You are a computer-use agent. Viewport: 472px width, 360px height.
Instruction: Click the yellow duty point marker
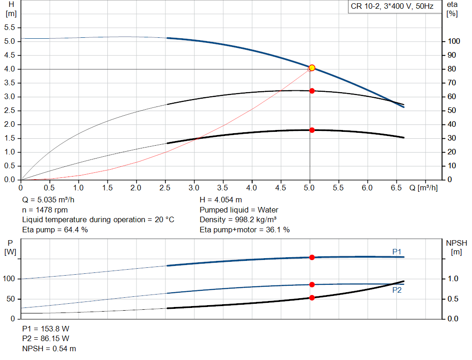(x=312, y=68)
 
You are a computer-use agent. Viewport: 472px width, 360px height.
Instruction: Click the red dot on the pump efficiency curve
(x=312, y=91)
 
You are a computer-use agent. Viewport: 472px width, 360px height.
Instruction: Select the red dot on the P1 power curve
(x=312, y=257)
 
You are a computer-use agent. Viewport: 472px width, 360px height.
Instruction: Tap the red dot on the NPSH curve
(x=312, y=298)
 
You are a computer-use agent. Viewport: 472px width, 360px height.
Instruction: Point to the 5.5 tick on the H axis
(x=10, y=28)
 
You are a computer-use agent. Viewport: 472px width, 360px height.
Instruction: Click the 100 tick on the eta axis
(x=454, y=41)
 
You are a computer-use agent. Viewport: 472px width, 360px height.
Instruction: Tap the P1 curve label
(x=397, y=251)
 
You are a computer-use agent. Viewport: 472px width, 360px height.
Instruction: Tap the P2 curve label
(x=397, y=290)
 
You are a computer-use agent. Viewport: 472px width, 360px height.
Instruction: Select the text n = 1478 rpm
(x=45, y=210)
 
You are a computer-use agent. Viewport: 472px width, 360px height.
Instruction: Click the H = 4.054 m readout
(x=221, y=200)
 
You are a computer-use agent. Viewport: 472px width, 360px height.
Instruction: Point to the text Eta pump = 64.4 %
(x=55, y=230)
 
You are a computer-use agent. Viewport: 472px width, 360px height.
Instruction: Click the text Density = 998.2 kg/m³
(x=238, y=220)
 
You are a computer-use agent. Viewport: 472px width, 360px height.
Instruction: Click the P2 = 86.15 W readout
(x=46, y=339)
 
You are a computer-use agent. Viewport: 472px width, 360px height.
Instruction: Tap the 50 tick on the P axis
(x=12, y=299)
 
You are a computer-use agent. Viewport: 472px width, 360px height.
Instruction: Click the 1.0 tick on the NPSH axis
(x=454, y=279)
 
